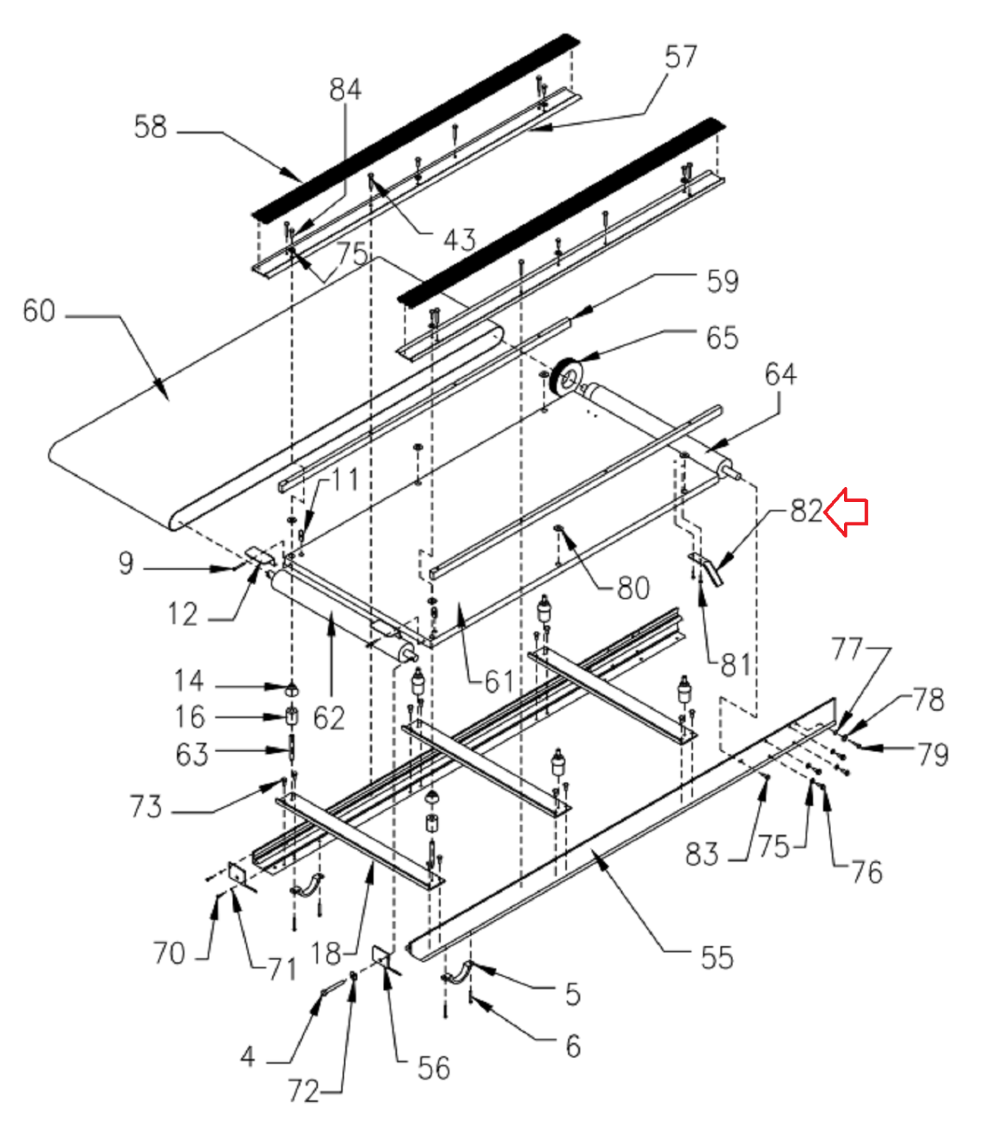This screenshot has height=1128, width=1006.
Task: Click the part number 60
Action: point(39,311)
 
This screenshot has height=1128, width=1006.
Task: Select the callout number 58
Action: point(150,127)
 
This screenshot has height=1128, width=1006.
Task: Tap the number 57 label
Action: point(680,56)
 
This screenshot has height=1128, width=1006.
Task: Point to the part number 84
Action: point(345,90)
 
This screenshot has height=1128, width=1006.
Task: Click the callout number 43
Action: point(459,240)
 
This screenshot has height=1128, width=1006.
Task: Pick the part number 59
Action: point(723,281)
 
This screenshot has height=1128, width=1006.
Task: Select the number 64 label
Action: point(780,374)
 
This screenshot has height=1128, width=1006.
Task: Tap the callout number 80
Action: point(633,588)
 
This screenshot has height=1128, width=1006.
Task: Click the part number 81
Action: point(735,664)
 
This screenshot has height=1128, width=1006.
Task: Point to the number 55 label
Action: point(717,957)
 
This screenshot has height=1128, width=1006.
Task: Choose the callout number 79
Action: point(933,755)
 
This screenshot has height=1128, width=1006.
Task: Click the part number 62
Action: point(329,718)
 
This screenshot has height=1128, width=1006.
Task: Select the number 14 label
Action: point(189,681)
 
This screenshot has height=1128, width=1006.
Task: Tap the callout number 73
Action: point(146,807)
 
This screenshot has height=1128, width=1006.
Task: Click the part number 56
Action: point(434,1069)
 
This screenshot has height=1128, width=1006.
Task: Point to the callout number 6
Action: point(573,1046)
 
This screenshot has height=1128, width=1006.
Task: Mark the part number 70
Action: point(169,953)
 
